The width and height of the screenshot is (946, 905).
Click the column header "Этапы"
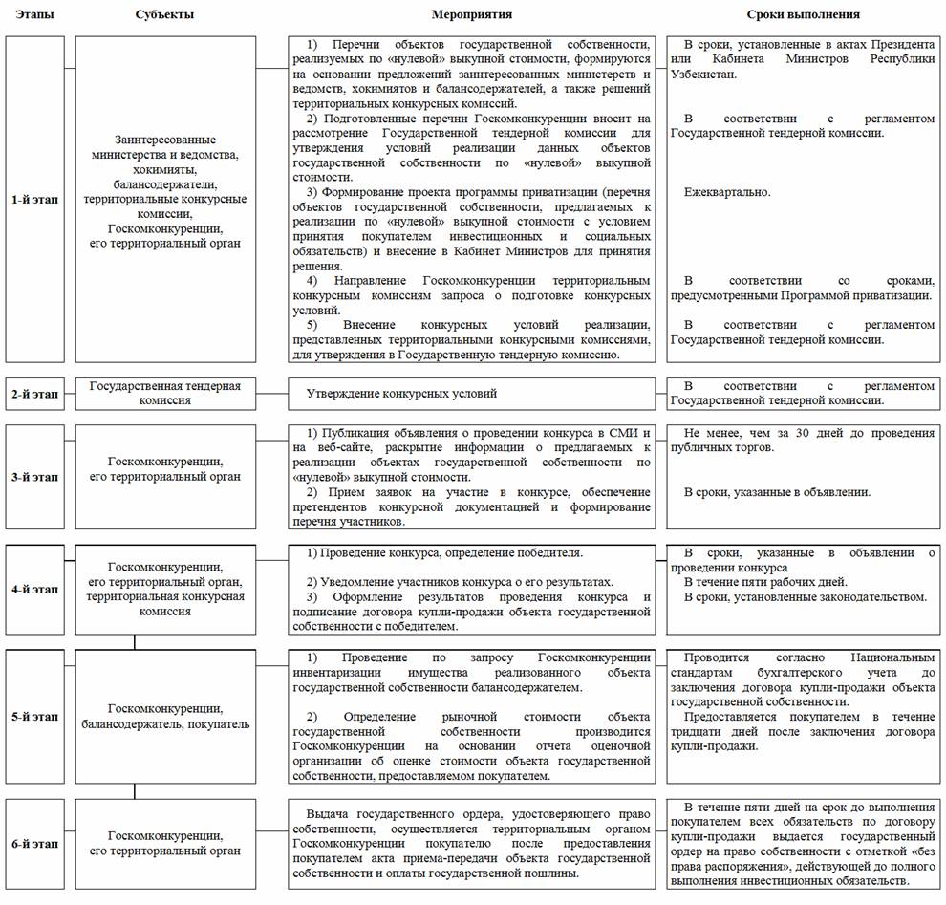tap(34, 14)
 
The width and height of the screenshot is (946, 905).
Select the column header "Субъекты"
tap(165, 14)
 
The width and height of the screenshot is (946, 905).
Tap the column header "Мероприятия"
tap(471, 14)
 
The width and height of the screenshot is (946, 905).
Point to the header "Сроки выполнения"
tap(803, 14)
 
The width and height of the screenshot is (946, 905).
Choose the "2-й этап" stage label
tap(34, 394)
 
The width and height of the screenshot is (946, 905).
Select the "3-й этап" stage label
tap(34, 476)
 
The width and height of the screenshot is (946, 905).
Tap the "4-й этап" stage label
tap(34, 590)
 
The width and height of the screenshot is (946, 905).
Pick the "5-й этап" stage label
tap(34, 716)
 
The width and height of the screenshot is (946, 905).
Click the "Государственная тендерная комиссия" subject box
tap(165, 393)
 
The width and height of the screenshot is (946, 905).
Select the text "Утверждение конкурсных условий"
tap(401, 394)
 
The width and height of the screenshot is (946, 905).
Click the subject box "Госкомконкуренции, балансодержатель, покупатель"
tap(165, 716)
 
